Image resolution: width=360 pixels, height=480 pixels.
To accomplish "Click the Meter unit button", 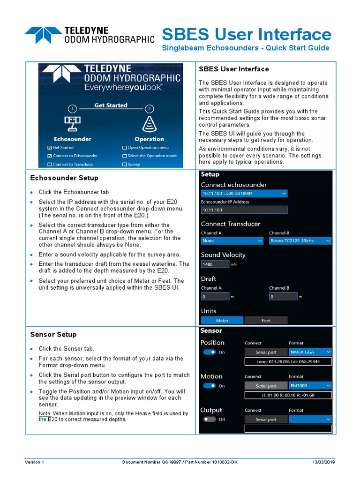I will point(222,321).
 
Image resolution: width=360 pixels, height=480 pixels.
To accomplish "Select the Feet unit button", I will point(266,321).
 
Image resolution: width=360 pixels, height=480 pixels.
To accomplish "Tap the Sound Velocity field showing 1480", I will point(215,264).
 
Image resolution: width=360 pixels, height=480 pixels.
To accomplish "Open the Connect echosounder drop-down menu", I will point(244,193).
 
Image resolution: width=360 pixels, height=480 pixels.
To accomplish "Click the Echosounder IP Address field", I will point(244,210).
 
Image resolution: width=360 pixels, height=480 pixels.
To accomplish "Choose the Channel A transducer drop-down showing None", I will point(232,240).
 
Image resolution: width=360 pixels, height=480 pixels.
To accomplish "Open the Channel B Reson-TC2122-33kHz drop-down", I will point(300,240).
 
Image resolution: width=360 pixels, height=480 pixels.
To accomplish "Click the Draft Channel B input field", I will point(283,297).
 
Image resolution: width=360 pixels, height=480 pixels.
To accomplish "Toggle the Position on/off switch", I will point(209,352).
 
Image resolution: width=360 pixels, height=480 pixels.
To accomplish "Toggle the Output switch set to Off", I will point(209,420).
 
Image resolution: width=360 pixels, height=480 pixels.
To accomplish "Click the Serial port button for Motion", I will point(266,386).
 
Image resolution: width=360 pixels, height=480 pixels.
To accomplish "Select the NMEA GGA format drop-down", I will point(310,352).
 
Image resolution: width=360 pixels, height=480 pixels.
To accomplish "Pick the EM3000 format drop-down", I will point(310,386).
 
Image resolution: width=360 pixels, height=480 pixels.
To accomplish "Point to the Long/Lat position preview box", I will point(288,361).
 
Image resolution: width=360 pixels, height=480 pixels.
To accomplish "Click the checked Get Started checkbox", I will point(50,148).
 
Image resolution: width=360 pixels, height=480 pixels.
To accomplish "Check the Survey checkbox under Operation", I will point(125,165).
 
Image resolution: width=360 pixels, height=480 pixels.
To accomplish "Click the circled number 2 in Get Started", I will point(149,109).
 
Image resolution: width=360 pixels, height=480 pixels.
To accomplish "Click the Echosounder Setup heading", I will point(64,178).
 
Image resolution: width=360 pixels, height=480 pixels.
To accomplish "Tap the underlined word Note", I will point(45,413).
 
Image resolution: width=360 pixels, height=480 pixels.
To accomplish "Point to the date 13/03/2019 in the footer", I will point(324,462).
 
